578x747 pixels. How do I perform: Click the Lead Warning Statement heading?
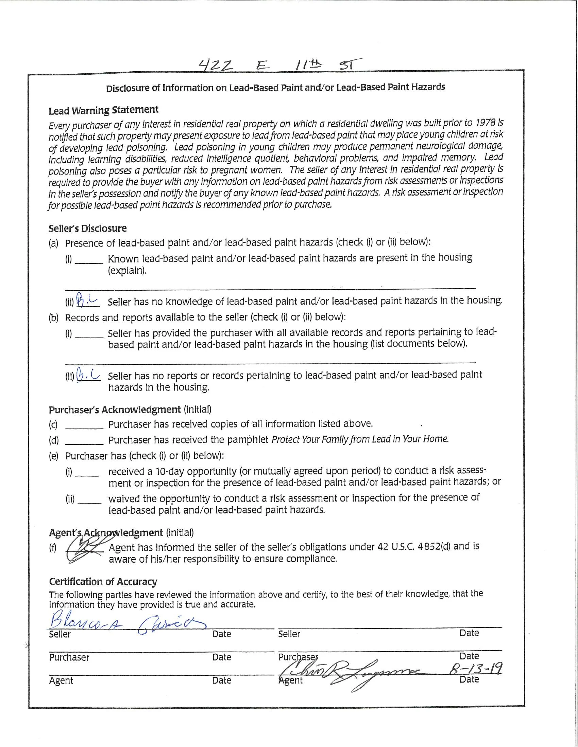(103, 110)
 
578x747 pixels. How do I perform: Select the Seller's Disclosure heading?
(87, 229)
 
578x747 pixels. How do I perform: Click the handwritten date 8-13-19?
(476, 668)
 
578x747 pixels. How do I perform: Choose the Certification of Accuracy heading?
(103, 582)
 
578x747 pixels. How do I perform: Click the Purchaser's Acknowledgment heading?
(114, 410)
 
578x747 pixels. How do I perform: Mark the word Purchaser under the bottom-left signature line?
(69, 657)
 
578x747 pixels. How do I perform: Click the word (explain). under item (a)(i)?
(127, 271)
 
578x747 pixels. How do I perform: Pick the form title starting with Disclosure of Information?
(275, 88)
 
